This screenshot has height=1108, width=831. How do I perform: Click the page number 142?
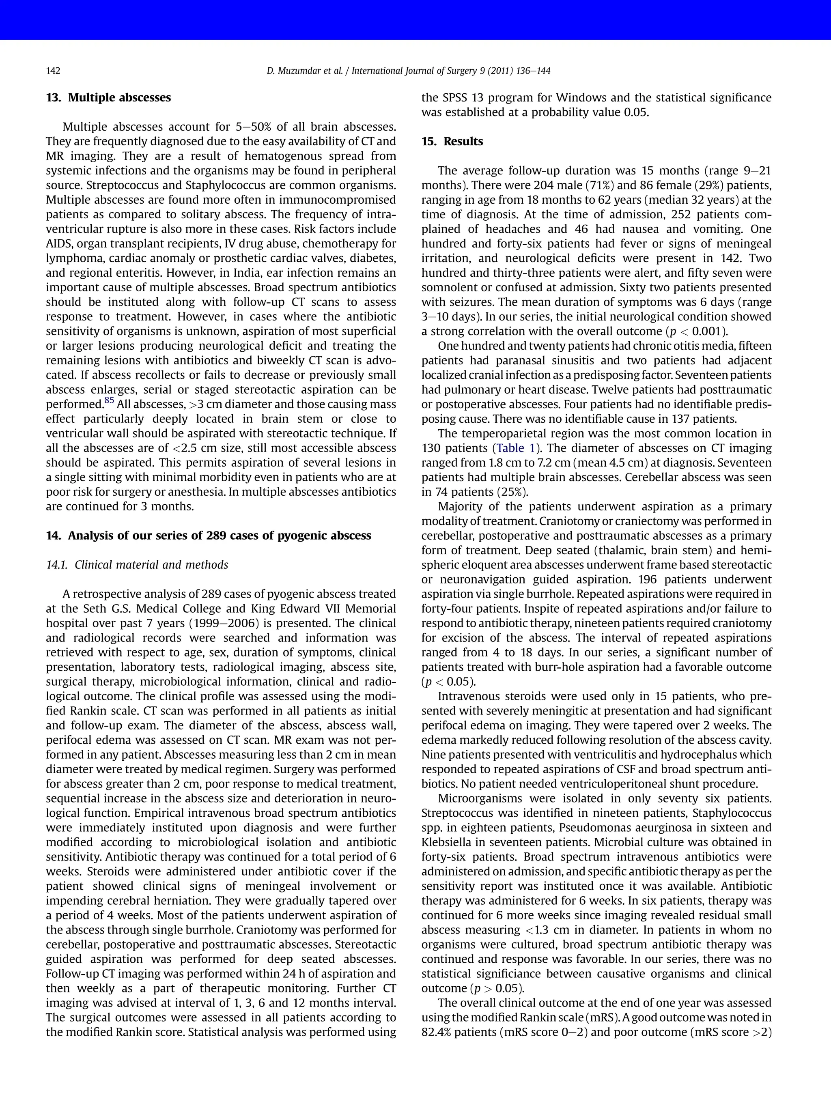[x=53, y=71]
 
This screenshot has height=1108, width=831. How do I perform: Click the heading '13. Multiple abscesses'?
[x=108, y=98]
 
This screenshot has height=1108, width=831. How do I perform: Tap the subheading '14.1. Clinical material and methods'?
[x=137, y=565]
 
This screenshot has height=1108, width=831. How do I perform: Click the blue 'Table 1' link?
[x=515, y=448]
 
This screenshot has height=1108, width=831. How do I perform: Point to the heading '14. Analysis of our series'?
[x=209, y=536]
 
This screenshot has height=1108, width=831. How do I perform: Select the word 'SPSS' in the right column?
[x=454, y=98]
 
